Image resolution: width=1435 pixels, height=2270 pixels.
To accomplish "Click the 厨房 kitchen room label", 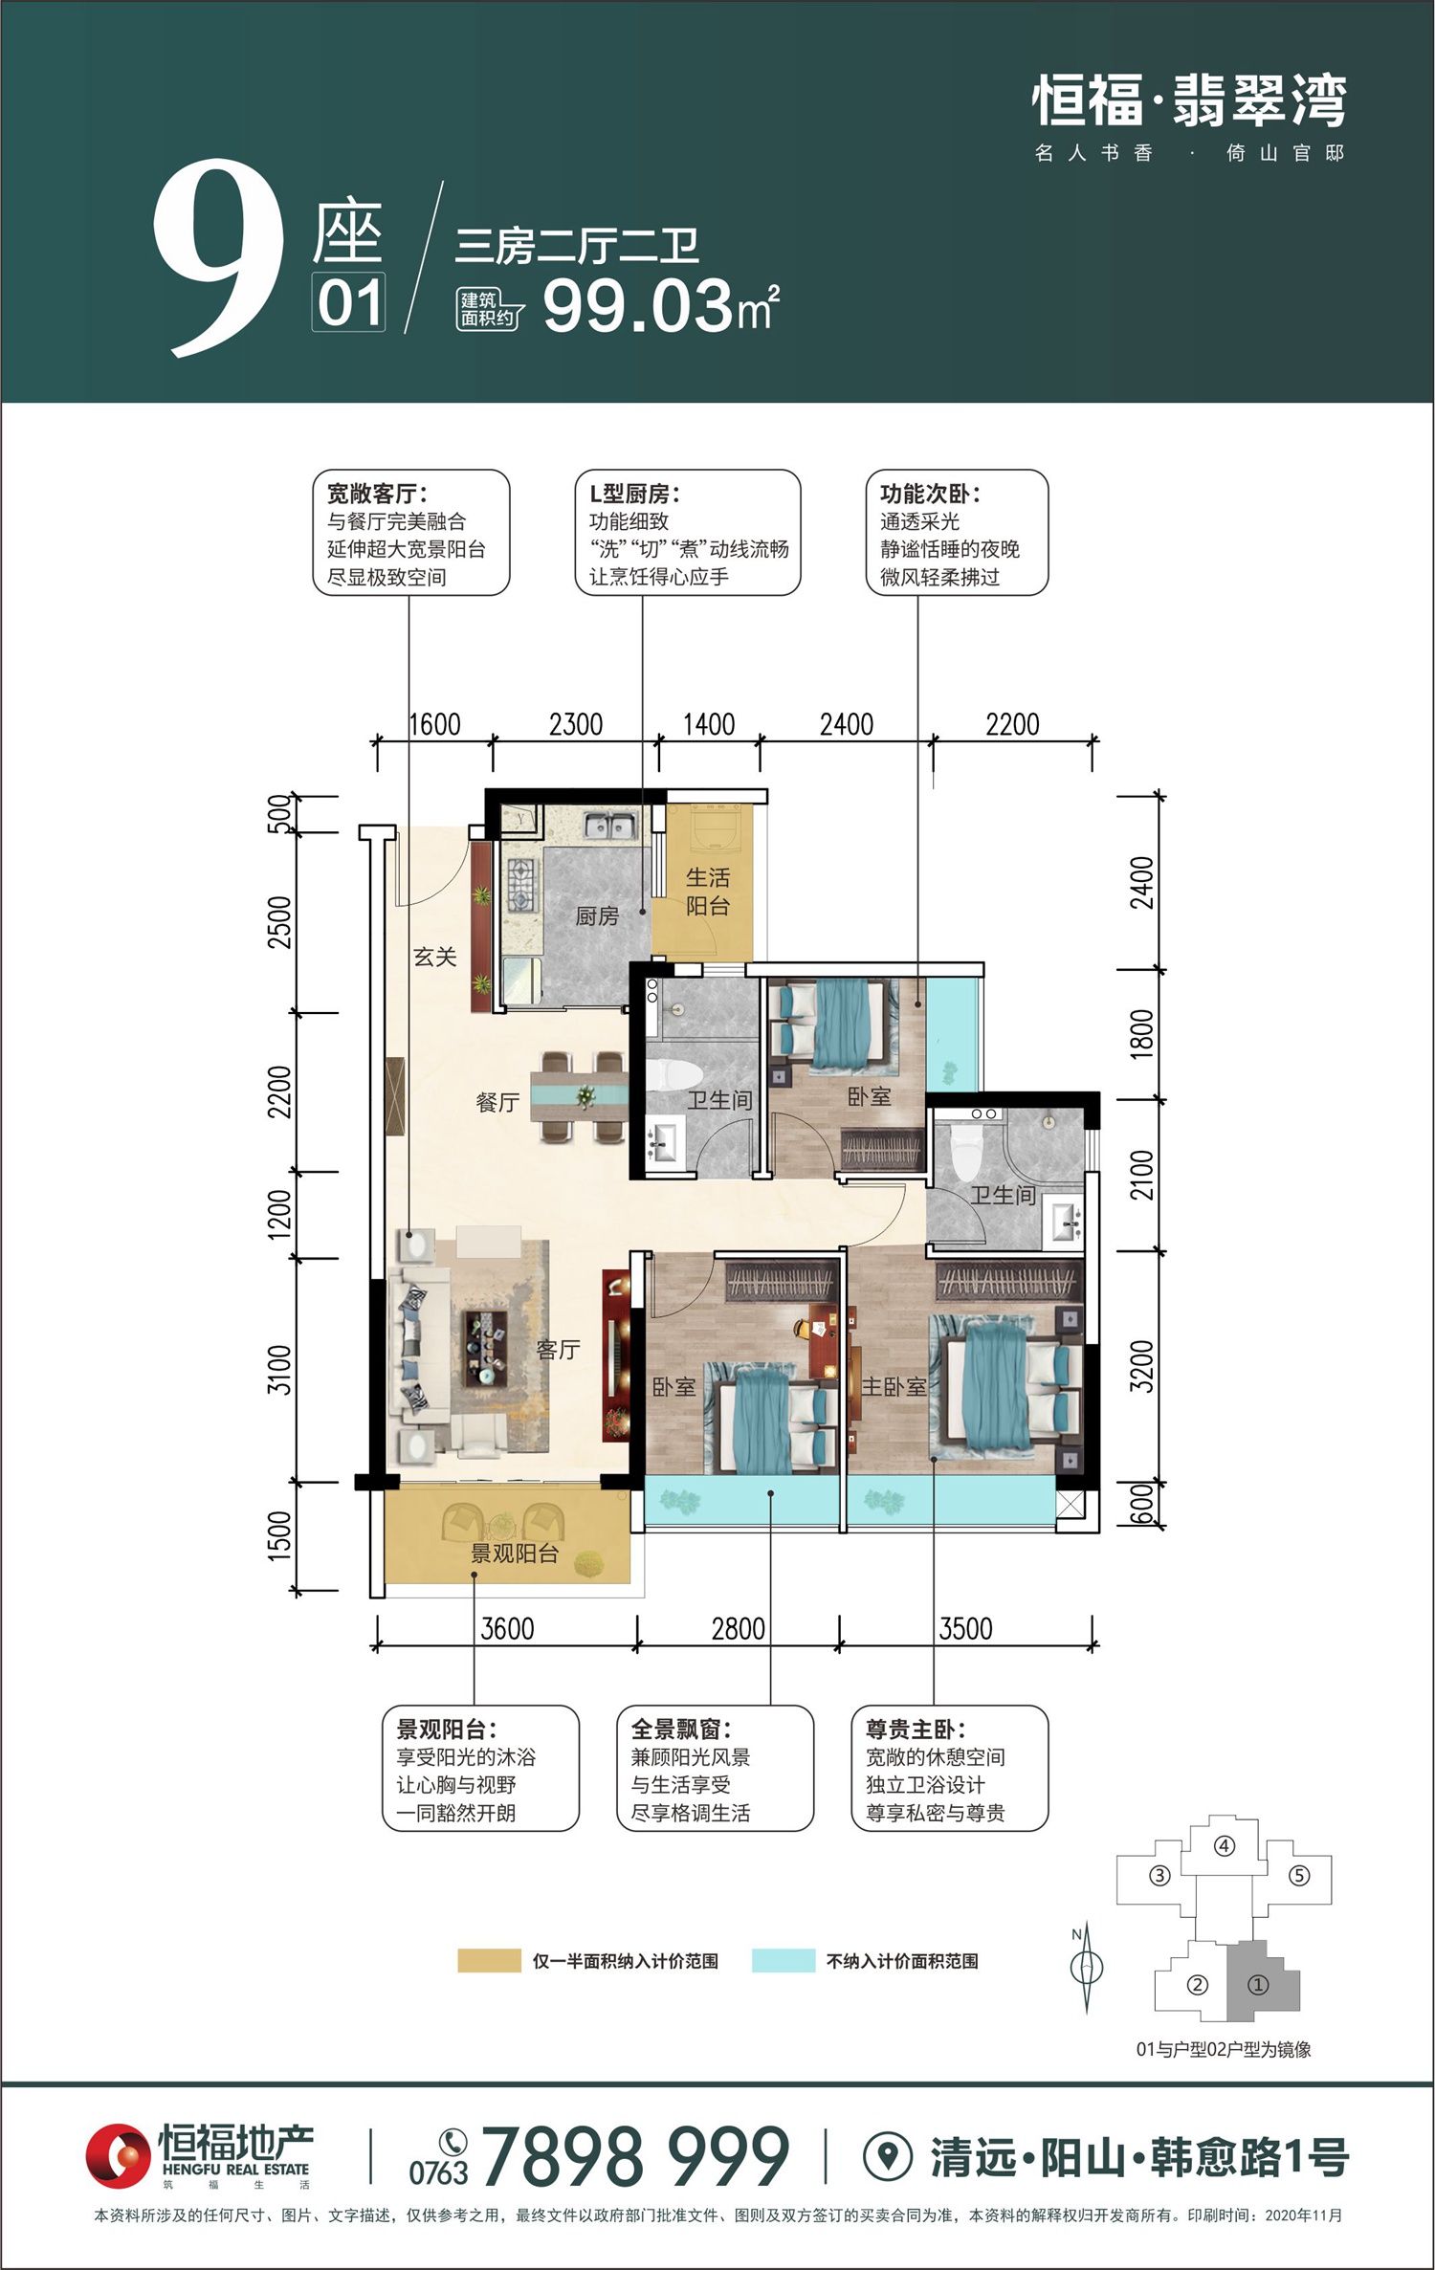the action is [x=597, y=916].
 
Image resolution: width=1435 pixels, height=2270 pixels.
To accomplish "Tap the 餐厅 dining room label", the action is [x=497, y=1103].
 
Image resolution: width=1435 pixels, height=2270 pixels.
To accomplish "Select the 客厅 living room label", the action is [x=559, y=1350].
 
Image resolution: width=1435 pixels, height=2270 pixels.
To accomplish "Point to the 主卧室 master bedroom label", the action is [x=894, y=1386].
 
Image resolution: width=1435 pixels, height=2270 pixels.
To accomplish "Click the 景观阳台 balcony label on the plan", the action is [x=514, y=1554].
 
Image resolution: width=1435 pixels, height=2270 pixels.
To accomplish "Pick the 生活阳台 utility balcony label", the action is [x=708, y=892].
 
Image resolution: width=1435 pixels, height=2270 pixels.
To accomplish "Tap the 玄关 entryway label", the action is [x=435, y=957].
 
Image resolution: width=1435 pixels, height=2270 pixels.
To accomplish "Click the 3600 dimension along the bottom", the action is [x=507, y=1628].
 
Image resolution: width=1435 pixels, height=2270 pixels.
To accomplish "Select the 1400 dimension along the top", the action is [x=709, y=724].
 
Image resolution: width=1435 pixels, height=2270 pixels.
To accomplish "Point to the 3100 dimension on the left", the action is [x=278, y=1370].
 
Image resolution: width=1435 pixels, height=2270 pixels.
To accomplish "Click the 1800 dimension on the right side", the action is [x=1142, y=1034].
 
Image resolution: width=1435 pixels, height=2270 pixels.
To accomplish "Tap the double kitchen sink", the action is [x=610, y=826].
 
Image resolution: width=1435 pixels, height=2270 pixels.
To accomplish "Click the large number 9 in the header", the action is [x=219, y=258].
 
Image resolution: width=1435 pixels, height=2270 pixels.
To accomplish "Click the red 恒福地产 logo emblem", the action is [x=119, y=2156].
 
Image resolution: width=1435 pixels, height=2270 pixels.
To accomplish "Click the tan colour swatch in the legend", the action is [x=489, y=1961].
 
